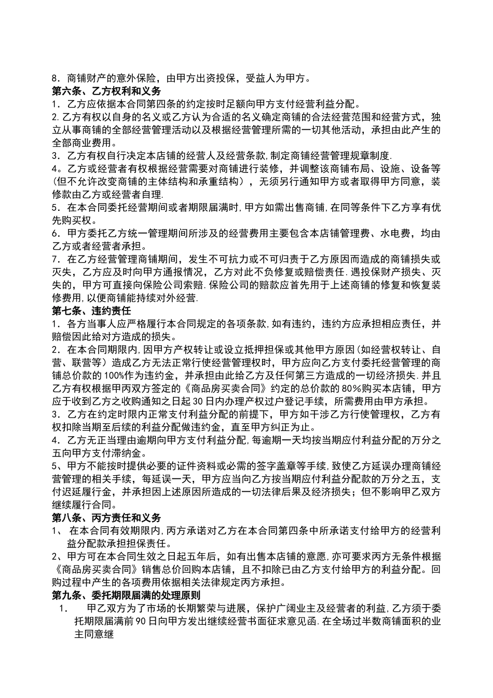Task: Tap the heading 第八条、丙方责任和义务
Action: click(106, 517)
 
